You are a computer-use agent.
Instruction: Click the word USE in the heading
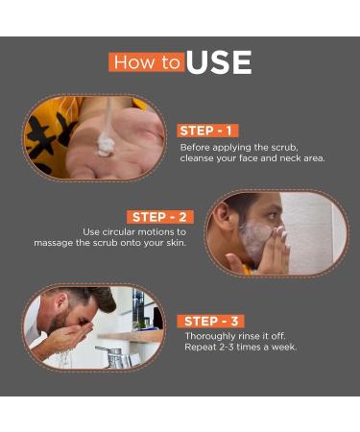tap(219, 62)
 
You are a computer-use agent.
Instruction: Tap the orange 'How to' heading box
tap(147, 62)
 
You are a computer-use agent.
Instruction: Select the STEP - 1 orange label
tap(207, 131)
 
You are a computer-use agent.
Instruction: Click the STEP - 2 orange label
tap(160, 217)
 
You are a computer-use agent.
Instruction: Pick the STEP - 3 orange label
tap(211, 321)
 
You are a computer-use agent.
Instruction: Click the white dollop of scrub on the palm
tap(106, 146)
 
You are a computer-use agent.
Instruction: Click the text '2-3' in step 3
tap(227, 348)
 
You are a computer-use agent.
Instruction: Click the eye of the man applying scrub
tap(272, 215)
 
